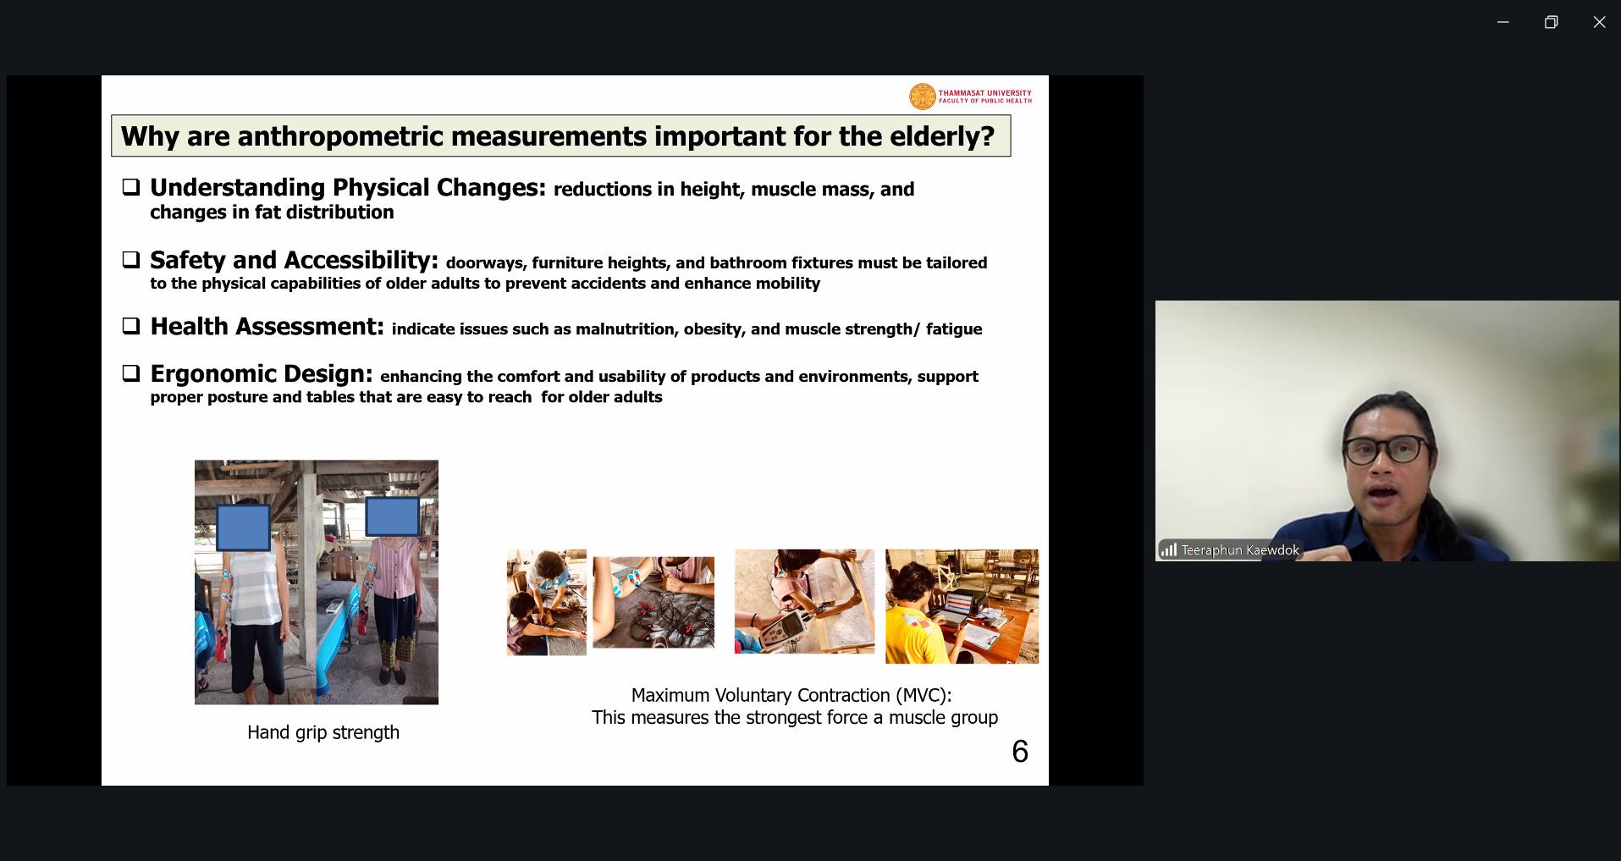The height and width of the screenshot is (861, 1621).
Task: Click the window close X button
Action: point(1599,22)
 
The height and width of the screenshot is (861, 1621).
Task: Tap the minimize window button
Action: point(1502,22)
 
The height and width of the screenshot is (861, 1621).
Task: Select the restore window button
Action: point(1551,22)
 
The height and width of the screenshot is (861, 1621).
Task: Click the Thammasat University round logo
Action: point(922,97)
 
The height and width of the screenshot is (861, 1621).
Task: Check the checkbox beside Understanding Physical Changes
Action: point(131,187)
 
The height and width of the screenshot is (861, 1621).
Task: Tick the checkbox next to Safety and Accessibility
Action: point(131,260)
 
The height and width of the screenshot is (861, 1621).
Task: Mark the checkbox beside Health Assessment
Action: point(131,326)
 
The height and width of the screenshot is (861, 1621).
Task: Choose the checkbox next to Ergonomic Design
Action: point(131,373)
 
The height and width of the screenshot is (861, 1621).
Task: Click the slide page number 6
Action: point(1020,751)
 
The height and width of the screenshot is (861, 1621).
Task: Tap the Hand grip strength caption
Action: point(323,732)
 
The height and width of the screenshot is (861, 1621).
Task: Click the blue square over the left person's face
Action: point(244,527)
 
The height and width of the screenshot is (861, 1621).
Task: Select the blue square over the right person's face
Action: point(392,516)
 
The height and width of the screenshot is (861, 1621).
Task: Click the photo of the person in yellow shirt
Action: point(962,606)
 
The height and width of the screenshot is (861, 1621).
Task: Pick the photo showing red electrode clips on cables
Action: point(653,602)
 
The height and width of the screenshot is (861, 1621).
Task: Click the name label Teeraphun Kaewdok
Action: point(1240,550)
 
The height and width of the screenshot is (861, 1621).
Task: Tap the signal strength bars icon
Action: point(1169,550)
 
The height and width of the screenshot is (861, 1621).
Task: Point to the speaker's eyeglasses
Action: point(1386,450)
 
